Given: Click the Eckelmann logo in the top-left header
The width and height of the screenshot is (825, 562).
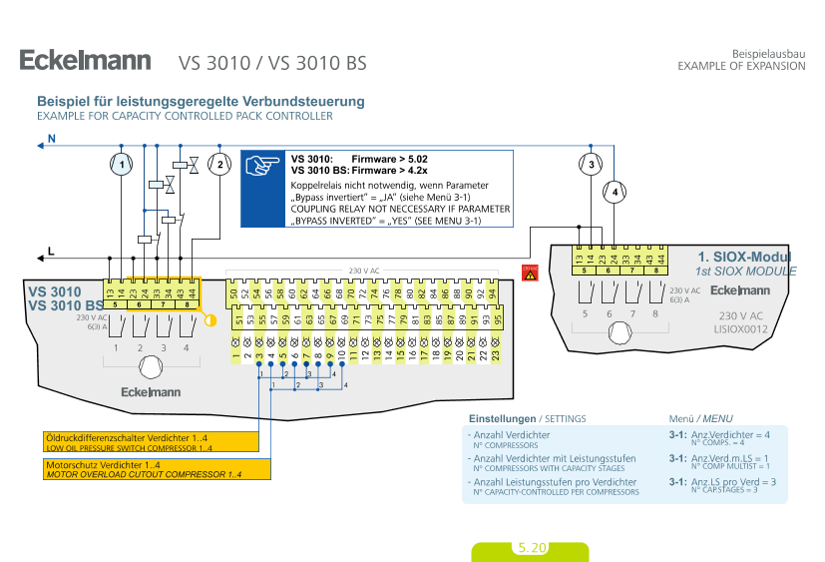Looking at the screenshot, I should click(85, 61).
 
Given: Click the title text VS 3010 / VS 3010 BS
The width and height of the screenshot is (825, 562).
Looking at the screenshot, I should click(272, 63).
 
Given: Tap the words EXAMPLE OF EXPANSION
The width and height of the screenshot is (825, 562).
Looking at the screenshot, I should click(740, 66).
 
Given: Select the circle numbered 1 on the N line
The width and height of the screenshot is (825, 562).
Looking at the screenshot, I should click(121, 164).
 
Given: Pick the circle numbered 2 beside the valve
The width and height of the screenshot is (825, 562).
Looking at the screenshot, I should click(219, 164).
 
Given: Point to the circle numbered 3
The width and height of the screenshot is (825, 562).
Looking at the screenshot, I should click(591, 164).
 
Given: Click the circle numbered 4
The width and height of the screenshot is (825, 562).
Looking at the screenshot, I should click(616, 190).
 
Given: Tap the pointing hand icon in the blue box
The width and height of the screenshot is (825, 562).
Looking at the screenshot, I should click(263, 166).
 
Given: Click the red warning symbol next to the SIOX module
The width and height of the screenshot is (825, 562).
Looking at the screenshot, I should click(530, 273).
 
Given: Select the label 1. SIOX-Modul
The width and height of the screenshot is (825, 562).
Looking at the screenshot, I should click(744, 257).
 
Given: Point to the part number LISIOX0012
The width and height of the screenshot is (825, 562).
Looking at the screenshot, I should click(740, 326).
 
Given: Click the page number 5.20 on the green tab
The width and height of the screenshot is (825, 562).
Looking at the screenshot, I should click(531, 548).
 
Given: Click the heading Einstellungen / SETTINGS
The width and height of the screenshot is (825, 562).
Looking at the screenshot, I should click(527, 418).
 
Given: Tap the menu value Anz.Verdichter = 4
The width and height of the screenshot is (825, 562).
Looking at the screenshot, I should click(730, 435).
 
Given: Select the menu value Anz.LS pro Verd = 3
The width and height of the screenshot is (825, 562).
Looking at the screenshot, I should click(733, 482).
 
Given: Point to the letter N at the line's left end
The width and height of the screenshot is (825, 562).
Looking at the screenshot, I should click(52, 139).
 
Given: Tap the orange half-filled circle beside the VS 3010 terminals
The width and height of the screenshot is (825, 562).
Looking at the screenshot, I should click(209, 319).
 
